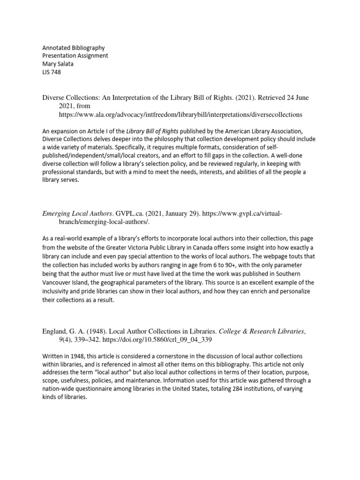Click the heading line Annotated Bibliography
(x=74, y=48)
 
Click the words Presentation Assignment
(x=75, y=56)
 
